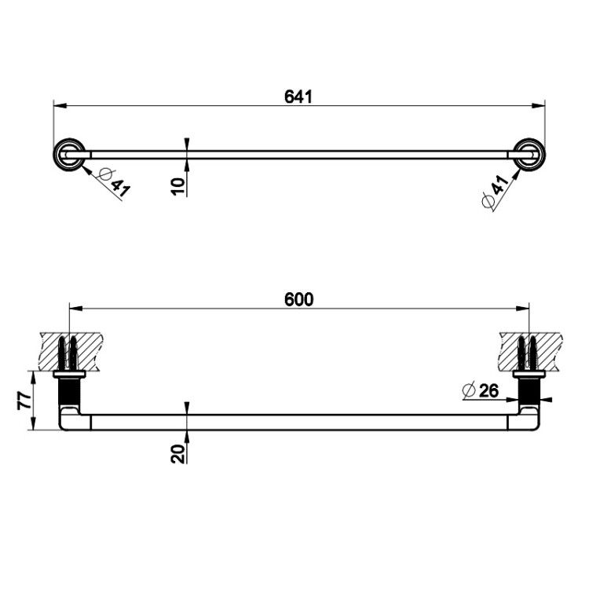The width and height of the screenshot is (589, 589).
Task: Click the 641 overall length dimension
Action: point(298,97)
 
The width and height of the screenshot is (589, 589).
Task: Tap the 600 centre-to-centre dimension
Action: point(298,300)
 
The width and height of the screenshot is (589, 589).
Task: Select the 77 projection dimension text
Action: point(24,401)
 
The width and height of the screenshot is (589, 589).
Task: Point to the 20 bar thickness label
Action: point(178,454)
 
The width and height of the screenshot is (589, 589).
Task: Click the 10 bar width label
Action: point(178,186)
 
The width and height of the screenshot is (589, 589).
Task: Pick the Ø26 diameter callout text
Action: point(481,390)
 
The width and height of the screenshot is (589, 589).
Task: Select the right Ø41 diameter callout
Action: point(496,191)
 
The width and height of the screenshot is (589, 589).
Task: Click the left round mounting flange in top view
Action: point(69,155)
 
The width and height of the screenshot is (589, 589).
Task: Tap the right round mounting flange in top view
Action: point(529,155)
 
